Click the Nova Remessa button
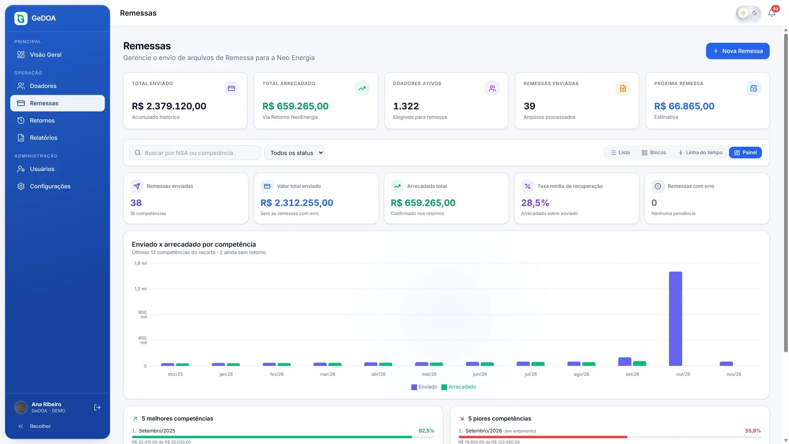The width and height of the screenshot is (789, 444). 738,51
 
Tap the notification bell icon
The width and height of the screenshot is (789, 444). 772,13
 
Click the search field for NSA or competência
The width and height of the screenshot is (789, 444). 195,153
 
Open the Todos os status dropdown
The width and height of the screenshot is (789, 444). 294,153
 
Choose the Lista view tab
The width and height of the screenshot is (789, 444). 620,153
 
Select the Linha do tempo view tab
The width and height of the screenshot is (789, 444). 700,153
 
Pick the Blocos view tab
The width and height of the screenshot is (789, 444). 654,153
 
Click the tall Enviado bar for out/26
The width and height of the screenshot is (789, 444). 676,319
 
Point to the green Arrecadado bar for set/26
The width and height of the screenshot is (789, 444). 639,363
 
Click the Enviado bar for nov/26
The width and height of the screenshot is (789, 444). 726,364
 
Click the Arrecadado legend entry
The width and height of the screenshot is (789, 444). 459,387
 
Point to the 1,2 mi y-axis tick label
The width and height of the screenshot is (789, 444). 141,289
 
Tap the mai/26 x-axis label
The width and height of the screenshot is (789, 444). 429,374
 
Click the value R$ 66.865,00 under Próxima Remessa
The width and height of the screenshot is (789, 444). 684,106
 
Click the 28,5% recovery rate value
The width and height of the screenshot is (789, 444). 535,203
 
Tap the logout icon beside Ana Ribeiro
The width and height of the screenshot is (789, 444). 97,407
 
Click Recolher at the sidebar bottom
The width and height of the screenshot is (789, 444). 40,426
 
